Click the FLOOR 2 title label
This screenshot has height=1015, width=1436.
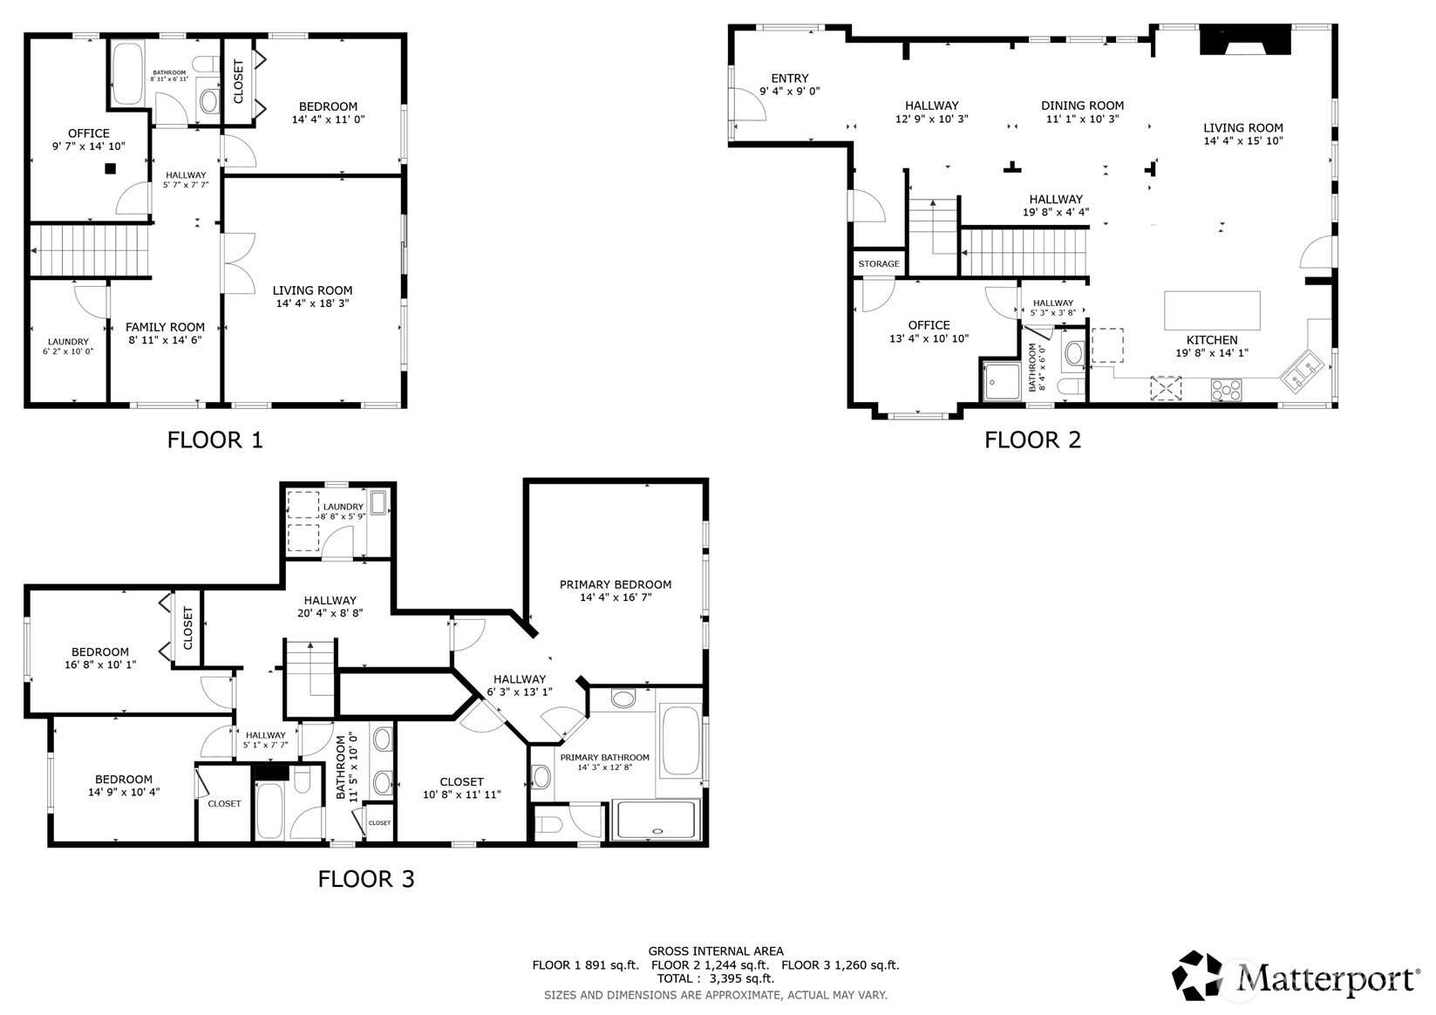[x=1032, y=439]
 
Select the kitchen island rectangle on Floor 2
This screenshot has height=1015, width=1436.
[x=1212, y=310]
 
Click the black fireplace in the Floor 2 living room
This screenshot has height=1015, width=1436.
[x=1245, y=41]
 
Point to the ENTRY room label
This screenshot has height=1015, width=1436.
[x=790, y=78]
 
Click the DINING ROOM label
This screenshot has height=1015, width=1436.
[x=1082, y=106]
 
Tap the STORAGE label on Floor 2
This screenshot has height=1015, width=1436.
[x=878, y=264]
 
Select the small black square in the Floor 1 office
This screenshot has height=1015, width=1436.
[x=111, y=169]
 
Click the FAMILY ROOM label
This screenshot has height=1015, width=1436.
[x=165, y=327]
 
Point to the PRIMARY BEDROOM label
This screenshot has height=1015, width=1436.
[x=616, y=584]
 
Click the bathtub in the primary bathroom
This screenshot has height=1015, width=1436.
[x=681, y=741]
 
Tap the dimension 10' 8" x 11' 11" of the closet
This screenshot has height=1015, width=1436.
[x=461, y=795]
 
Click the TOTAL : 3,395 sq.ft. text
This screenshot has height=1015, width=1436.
[x=715, y=978]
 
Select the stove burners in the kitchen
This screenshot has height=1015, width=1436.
[x=1226, y=390]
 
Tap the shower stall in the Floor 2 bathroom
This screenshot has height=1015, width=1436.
[x=1000, y=382]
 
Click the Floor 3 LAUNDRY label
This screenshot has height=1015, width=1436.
[x=343, y=507]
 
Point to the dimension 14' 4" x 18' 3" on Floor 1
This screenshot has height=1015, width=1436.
[x=312, y=303]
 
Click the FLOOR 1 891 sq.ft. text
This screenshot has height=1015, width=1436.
[x=585, y=965]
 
